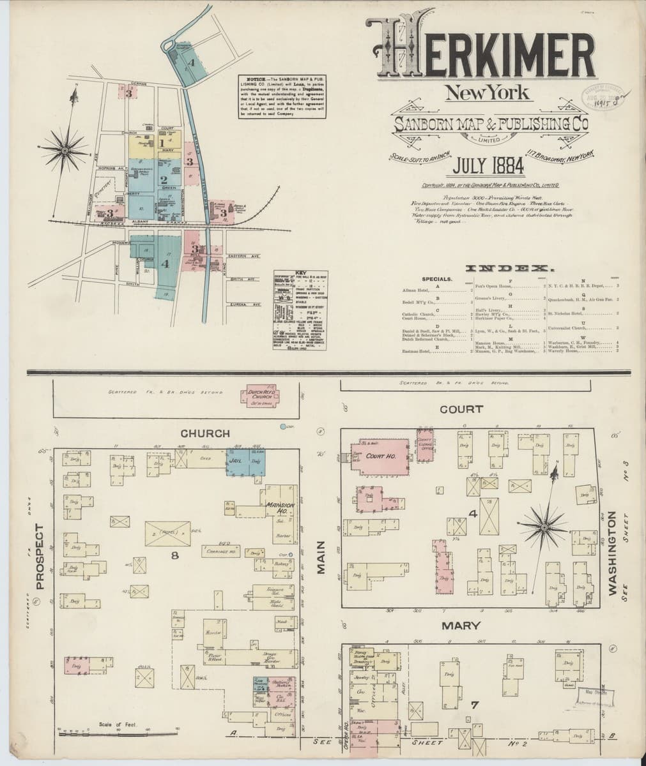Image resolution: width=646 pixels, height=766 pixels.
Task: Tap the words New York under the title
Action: coord(487,93)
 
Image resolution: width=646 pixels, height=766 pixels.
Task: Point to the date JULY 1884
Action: coord(488,168)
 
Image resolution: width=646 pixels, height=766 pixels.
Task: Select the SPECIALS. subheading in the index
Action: coord(437,279)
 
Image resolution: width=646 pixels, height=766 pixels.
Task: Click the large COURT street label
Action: coord(461,409)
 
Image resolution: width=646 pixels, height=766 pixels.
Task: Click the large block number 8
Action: coord(174,555)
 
